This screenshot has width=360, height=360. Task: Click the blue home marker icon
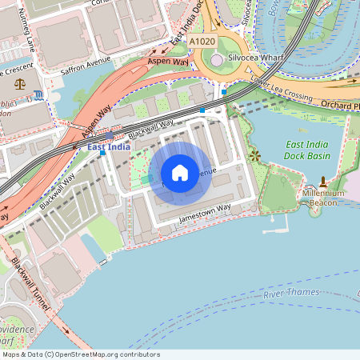click(x=180, y=173)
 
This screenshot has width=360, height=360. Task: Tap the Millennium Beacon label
click(x=323, y=198)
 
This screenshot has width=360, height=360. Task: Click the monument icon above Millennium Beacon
click(x=322, y=182)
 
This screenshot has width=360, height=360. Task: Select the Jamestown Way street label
click(x=204, y=212)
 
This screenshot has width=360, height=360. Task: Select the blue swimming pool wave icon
click(x=40, y=97)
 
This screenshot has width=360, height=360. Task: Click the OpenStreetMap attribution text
click(x=81, y=354)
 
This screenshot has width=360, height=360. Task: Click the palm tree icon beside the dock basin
click(x=255, y=154)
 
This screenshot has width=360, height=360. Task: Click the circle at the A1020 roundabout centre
click(x=218, y=61)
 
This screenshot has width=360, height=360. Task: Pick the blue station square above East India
click(x=110, y=137)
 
